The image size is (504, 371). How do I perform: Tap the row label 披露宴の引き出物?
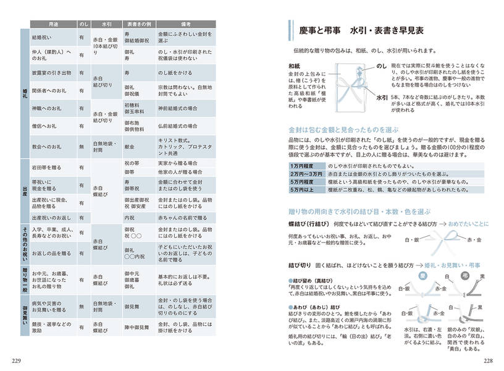pyautogui.click(x=52, y=72)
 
